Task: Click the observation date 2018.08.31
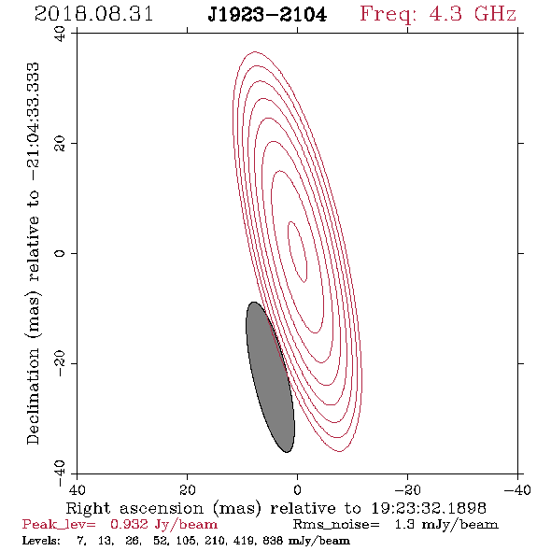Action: tap(93, 14)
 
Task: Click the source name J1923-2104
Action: tap(267, 15)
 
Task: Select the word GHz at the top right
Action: tap(495, 14)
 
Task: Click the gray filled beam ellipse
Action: tap(270, 377)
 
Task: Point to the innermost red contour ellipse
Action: tap(297, 251)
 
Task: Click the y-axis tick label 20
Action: tap(60, 144)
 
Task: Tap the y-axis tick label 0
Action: tap(60, 253)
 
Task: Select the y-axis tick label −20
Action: tap(60, 363)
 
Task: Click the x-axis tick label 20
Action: tap(187, 489)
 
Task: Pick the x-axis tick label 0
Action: tap(297, 489)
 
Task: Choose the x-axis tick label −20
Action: tap(407, 489)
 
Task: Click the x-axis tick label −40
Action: tap(517, 489)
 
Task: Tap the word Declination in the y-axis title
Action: tap(33, 396)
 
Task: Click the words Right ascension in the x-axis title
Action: tap(134, 508)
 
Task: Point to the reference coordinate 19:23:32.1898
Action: tap(429, 508)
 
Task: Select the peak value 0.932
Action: tap(129, 524)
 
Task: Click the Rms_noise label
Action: tap(335, 525)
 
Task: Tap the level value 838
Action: tap(274, 541)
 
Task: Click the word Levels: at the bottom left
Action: tap(41, 541)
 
